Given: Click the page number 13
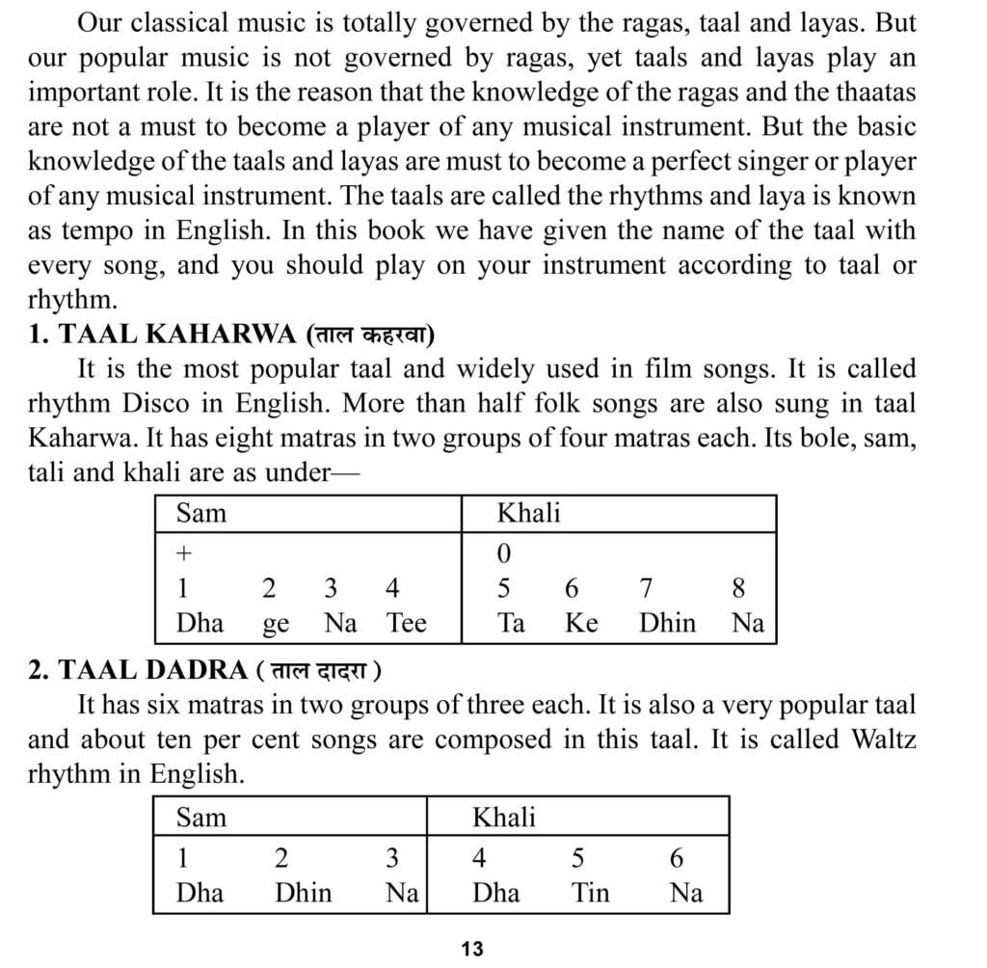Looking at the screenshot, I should (471, 949).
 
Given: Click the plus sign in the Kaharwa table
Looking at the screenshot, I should (185, 552).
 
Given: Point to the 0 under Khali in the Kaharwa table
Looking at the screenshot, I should (504, 553).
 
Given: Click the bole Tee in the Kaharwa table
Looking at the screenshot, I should (406, 623).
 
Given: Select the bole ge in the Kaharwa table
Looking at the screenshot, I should (276, 625).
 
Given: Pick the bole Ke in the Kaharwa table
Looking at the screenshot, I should (581, 623).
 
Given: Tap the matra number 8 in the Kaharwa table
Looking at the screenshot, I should (738, 588).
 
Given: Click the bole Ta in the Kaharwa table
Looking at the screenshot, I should (511, 623).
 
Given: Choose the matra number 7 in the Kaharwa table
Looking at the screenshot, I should (647, 588).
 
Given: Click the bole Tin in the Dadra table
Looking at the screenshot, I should (590, 893).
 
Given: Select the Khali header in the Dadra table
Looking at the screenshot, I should (503, 819).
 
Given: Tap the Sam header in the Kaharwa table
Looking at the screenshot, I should (200, 513).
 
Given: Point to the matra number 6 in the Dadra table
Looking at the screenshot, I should (677, 858).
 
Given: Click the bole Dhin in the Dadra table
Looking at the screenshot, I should (303, 893).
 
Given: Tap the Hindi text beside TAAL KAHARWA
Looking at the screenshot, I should (369, 335).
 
